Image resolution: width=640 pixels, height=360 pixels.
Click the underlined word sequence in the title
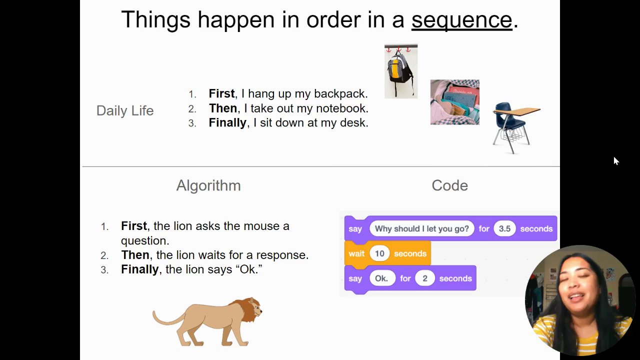coord(461,20)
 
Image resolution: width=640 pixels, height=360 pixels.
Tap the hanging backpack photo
coord(401,71)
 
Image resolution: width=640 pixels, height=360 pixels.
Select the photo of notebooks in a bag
coord(455,102)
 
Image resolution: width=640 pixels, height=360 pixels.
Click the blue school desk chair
coord(515,127)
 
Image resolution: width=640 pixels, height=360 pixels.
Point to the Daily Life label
coord(125,111)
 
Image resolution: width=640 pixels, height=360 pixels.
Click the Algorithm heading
coord(208,185)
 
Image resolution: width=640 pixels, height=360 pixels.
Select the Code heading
coord(449,185)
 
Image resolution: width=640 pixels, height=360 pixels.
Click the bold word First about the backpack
coord(221,93)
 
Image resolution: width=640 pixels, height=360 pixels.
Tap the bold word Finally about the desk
coord(227,123)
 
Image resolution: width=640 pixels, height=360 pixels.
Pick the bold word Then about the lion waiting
coord(135,255)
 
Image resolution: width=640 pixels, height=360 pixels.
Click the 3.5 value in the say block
coord(504,228)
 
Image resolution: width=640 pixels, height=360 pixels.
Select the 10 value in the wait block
coord(379,253)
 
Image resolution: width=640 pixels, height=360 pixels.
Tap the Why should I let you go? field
coord(421,228)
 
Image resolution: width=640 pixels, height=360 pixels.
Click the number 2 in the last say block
coord(425,278)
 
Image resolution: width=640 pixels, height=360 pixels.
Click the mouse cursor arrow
coord(616,161)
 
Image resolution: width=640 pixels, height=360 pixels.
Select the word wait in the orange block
coord(356,253)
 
